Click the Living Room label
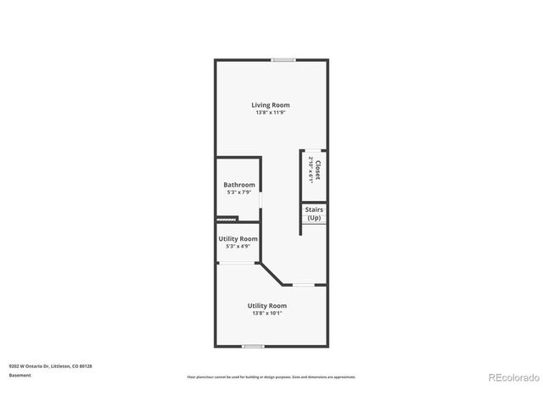click(270, 105)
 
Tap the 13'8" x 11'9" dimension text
click(270, 113)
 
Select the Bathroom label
click(238, 185)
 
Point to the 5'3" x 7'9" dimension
click(238, 192)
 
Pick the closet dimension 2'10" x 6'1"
click(311, 168)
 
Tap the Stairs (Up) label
click(314, 214)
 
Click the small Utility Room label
click(238, 239)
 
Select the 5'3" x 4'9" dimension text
click(238, 247)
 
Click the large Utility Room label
click(266, 305)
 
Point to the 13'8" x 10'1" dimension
click(266, 313)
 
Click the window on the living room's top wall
click(283, 59)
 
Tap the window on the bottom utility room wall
click(252, 346)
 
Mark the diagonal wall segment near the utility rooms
click(271, 274)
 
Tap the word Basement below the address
click(20, 375)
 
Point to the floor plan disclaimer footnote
click(271, 376)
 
